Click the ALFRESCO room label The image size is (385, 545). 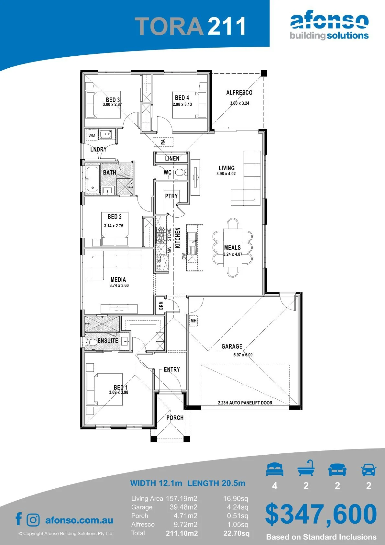(x=239, y=93)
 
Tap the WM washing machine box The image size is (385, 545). (x=92, y=135)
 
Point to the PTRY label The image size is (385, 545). (x=171, y=196)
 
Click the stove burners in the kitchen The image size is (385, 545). (x=161, y=234)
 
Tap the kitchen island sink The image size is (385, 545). (x=192, y=243)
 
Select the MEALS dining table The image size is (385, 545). (x=233, y=247)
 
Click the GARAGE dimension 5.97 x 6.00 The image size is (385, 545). (x=243, y=355)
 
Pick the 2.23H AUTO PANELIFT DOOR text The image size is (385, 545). (x=245, y=403)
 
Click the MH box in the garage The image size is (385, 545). (x=193, y=321)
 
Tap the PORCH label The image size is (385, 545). (x=175, y=418)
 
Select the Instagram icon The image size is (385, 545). (x=33, y=520)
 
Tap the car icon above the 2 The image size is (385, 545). (x=369, y=470)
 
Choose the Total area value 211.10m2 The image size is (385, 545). (x=182, y=534)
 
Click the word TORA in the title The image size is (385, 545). (x=169, y=26)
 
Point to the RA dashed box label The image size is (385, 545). (x=163, y=142)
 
